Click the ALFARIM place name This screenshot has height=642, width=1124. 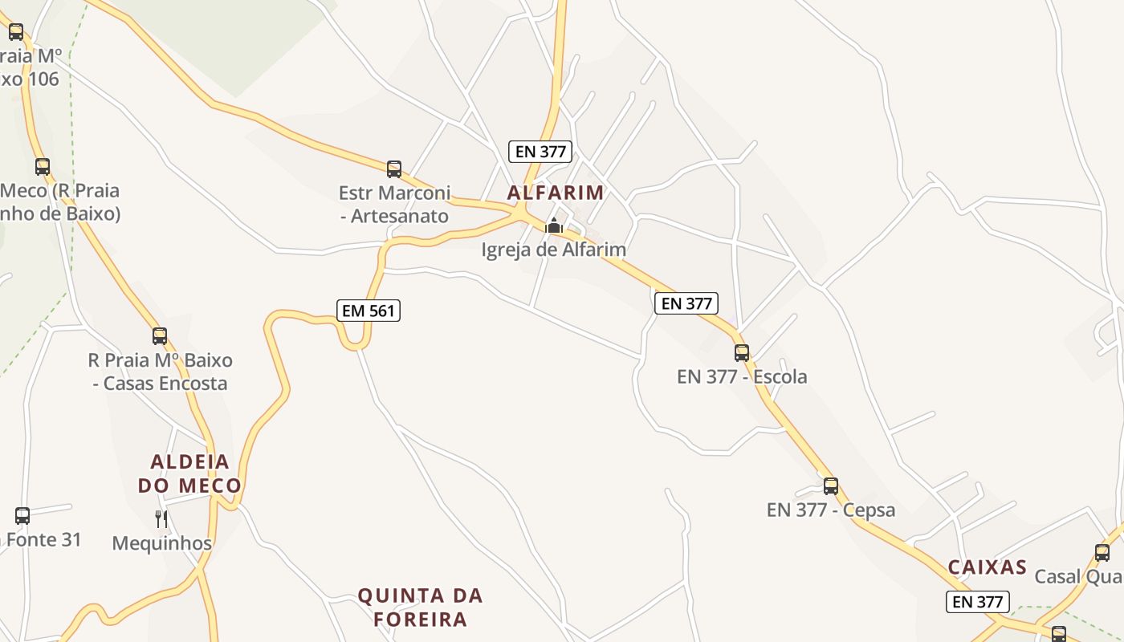point(555,193)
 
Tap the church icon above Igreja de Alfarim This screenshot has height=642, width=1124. point(553,226)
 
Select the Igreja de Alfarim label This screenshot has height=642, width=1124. point(553,250)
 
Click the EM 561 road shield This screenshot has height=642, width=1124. point(368,310)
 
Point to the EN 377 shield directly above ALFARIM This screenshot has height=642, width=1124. point(540,151)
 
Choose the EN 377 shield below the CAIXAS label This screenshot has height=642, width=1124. point(977,601)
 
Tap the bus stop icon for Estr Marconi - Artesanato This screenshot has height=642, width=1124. point(394,169)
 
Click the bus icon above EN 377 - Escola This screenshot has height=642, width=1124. point(742,352)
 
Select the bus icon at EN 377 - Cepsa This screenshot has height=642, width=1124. point(831,486)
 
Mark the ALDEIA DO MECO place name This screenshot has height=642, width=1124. point(189,473)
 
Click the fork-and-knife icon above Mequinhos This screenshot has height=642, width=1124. point(161,519)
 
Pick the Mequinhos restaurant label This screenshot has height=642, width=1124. point(161,543)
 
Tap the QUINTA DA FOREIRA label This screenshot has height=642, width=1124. point(421,607)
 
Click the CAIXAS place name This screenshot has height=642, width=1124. point(988,567)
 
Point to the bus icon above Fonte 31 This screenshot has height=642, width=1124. point(22,515)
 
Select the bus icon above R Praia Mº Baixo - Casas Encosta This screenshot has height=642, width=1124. point(160,335)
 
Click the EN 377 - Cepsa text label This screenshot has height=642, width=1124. point(831,510)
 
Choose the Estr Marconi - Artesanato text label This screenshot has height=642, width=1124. point(394,205)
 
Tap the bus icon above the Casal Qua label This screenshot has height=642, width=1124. point(1102,552)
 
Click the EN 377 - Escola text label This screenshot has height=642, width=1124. point(742,376)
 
